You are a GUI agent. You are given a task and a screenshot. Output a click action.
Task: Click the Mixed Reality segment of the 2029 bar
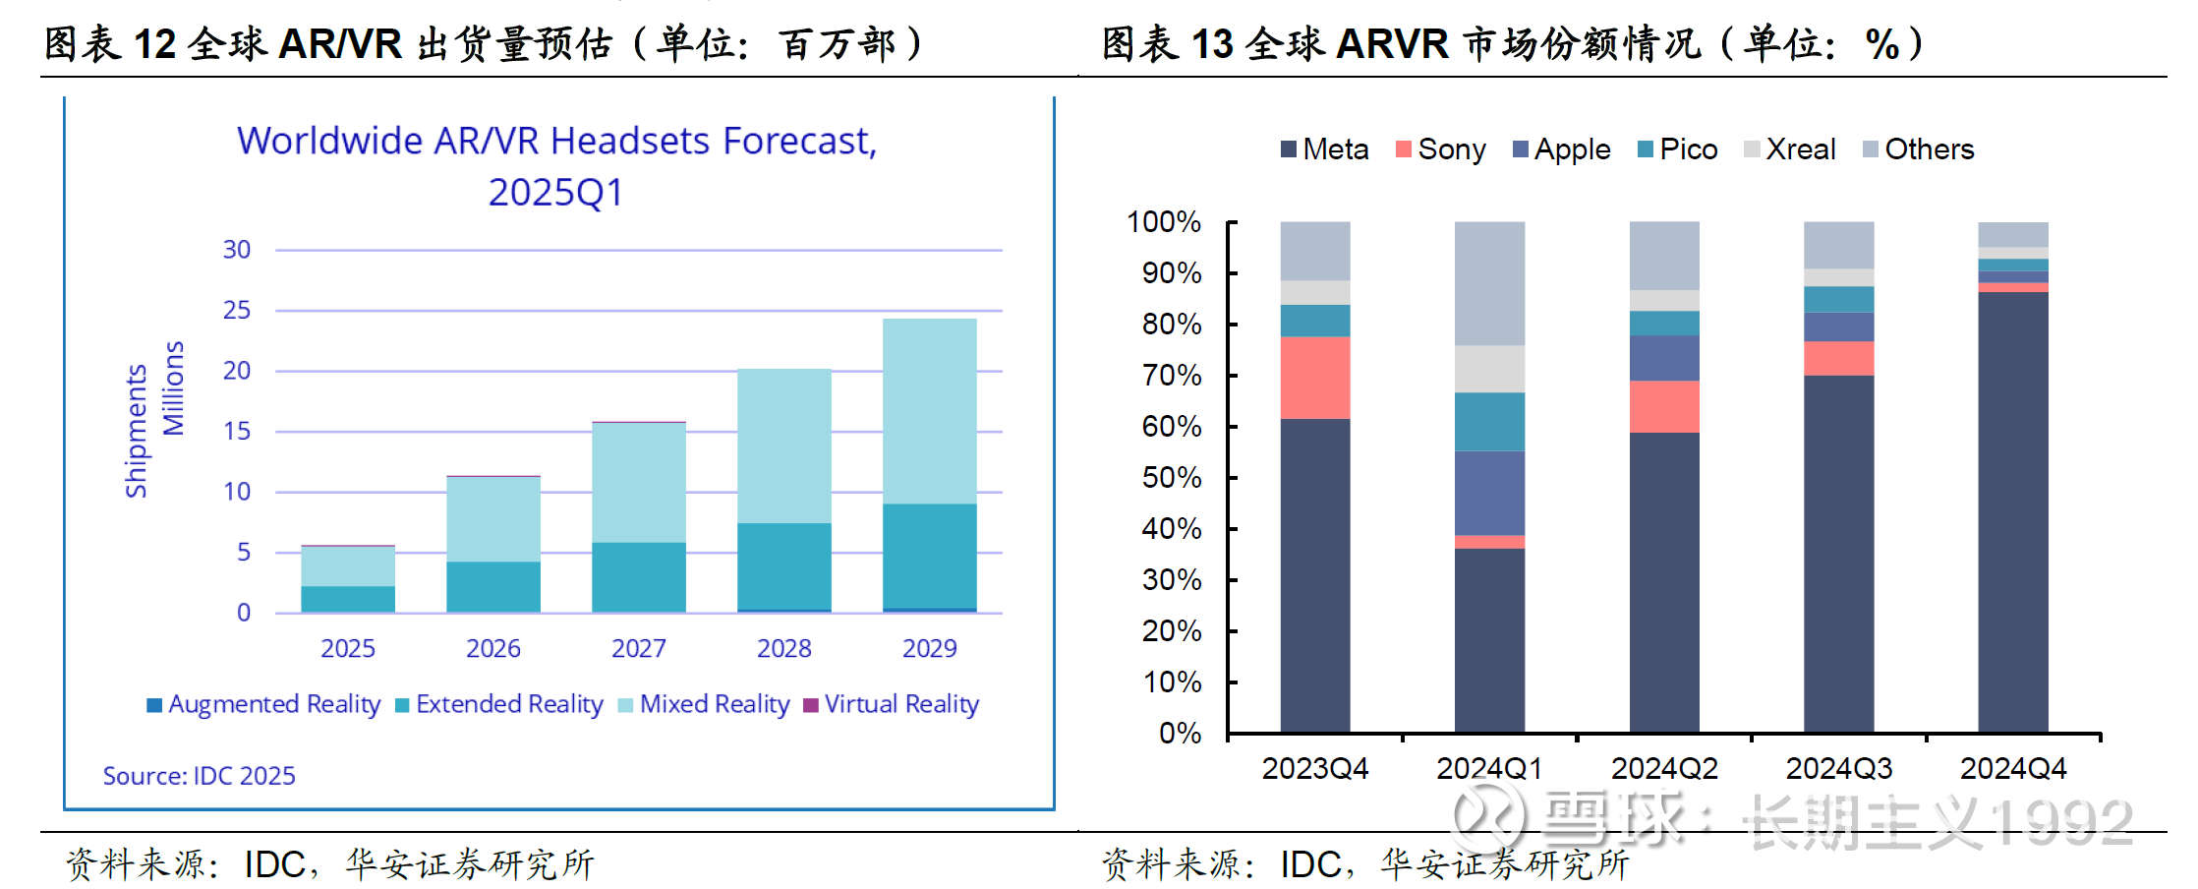point(929,411)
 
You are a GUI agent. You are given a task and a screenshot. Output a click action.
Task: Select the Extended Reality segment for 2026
point(492,586)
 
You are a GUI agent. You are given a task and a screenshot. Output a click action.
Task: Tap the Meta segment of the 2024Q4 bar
point(2012,511)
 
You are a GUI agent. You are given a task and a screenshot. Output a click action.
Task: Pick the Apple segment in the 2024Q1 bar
point(1489,493)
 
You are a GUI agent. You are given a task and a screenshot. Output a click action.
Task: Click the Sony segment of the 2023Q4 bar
point(1314,378)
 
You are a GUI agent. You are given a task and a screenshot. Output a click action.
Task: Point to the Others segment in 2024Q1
point(1489,283)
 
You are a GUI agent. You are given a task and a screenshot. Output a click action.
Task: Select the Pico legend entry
point(1678,149)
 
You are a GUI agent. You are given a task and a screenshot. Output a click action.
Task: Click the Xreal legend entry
point(1790,149)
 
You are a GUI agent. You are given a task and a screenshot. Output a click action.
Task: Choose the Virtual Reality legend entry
point(891,704)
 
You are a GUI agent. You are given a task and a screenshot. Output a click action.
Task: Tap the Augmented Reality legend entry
point(263,704)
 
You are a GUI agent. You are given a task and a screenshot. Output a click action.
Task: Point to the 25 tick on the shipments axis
point(237,311)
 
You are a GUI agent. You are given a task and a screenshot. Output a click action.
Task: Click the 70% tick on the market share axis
point(1172,376)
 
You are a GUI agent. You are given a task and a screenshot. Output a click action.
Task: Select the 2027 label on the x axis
point(638,649)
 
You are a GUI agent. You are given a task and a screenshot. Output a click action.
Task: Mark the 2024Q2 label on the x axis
point(1664,768)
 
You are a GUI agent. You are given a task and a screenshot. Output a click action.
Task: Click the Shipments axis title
point(136,431)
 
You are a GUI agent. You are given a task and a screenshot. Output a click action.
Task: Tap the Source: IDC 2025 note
point(199,776)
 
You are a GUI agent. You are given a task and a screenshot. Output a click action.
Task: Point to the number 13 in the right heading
point(1211,44)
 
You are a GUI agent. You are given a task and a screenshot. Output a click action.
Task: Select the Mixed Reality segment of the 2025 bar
point(347,565)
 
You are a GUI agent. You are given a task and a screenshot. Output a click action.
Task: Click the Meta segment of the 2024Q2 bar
point(1664,582)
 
